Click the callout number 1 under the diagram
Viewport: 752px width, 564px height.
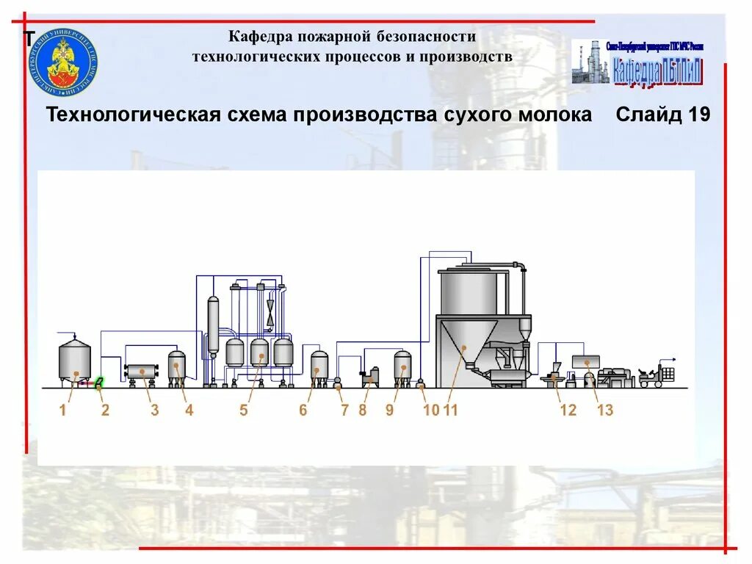coord(63,411)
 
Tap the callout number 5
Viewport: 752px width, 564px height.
coord(244,411)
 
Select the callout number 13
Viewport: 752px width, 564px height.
coord(604,411)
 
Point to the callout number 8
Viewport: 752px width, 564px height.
coord(362,411)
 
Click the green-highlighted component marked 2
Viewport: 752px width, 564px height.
coord(99,382)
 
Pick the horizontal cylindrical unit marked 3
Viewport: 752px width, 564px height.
coord(140,372)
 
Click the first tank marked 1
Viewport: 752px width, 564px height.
coord(74,360)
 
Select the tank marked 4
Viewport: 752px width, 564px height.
coord(177,366)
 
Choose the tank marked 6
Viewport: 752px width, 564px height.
coord(319,366)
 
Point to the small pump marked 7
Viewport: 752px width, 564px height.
coord(338,382)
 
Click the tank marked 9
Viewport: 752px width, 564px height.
coord(402,366)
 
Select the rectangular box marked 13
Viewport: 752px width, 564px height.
coord(585,361)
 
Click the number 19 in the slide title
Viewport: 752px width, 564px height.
coord(698,116)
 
